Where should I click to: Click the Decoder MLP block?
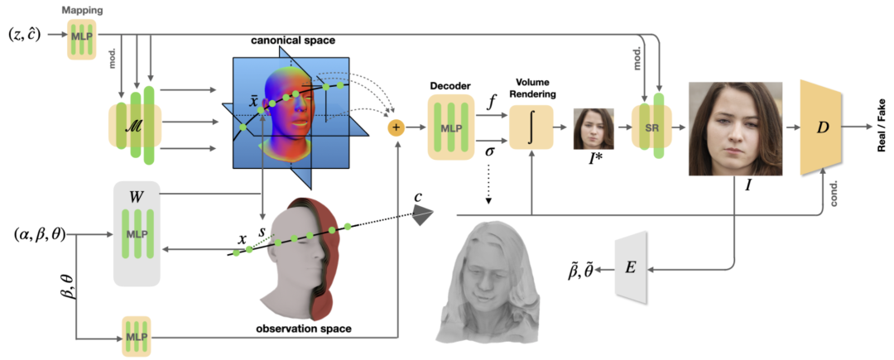click(451, 127)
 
